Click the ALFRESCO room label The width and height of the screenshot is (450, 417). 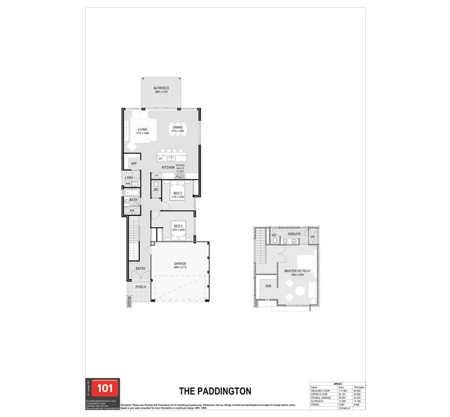click(161, 88)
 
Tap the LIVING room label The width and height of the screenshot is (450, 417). click(142, 130)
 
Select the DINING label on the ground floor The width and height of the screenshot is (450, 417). click(178, 127)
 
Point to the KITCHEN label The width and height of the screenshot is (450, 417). click(168, 167)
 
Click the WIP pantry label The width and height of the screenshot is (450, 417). click(134, 163)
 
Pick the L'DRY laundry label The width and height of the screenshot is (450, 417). click(129, 178)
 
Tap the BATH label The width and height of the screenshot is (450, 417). click(133, 200)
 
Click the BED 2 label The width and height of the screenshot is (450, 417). click(178, 193)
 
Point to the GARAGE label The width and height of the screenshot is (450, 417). click(180, 263)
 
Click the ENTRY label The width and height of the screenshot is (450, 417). click(140, 269)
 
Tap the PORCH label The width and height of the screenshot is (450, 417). click(140, 287)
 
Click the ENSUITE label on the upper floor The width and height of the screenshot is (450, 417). click(294, 234)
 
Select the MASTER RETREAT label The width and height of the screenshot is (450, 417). click(298, 271)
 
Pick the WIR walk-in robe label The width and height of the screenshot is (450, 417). click(268, 286)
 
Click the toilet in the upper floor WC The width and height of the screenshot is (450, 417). click(275, 239)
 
